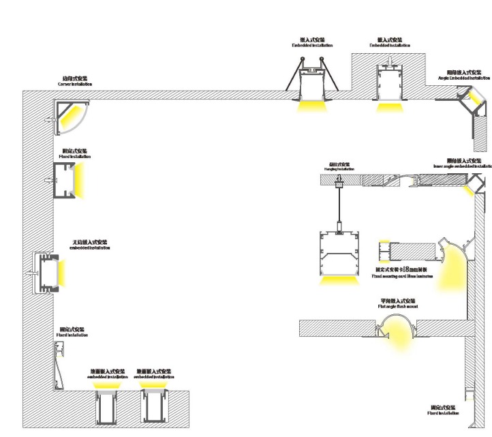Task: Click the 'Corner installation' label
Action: [74, 82]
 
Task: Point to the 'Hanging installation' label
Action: [339, 166]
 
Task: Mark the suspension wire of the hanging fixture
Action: [339, 205]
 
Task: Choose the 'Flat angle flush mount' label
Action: [398, 304]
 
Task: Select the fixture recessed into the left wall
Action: [47, 271]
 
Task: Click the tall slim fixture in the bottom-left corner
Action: [60, 361]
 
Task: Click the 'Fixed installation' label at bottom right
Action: [443, 410]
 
